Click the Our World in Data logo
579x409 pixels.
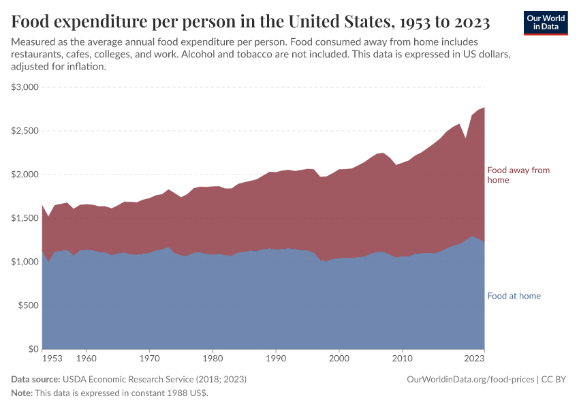pos(546,23)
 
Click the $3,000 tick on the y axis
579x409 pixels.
pos(25,87)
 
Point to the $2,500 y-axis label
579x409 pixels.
pos(25,131)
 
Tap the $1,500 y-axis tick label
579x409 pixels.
pos(25,218)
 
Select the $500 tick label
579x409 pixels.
pos(29,305)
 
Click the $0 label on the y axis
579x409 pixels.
pos(33,349)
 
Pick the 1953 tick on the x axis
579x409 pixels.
pos(52,357)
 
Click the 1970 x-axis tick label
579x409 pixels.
pos(149,357)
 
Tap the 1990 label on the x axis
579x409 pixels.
pos(276,357)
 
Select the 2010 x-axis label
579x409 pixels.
pos(403,357)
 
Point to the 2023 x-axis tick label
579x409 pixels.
pos(474,357)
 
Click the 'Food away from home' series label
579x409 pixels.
pos(518,175)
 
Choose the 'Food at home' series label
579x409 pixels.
pos(514,296)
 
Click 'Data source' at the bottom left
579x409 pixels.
pos(35,379)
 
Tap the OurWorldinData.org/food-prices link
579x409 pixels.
pos(470,379)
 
